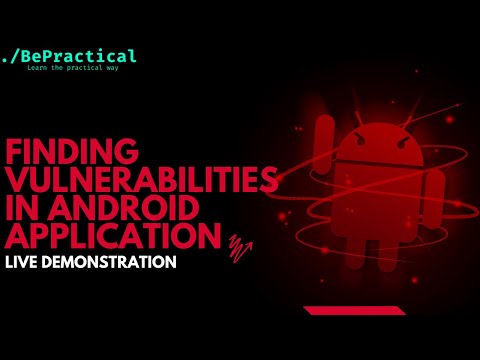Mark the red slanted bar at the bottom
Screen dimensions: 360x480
(354, 310)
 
